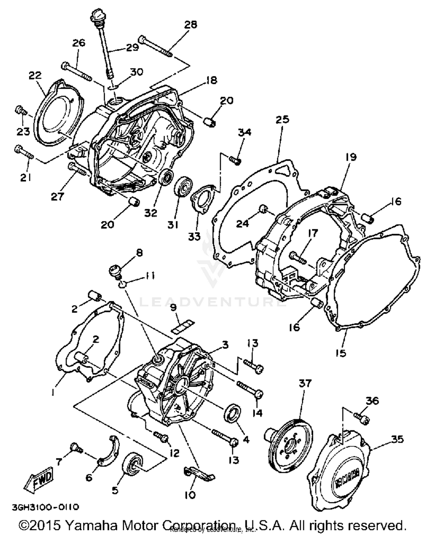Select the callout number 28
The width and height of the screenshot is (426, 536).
[191, 24]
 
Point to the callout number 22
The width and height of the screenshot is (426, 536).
[35, 76]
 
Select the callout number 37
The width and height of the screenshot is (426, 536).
[305, 383]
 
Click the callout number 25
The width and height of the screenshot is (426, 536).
[282, 119]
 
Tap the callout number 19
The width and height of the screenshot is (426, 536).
[351, 157]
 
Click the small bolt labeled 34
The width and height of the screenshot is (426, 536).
[235, 160]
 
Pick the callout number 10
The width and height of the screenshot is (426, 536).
[190, 495]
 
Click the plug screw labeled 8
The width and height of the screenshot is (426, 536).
[116, 269]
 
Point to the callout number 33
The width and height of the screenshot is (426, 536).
[195, 236]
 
